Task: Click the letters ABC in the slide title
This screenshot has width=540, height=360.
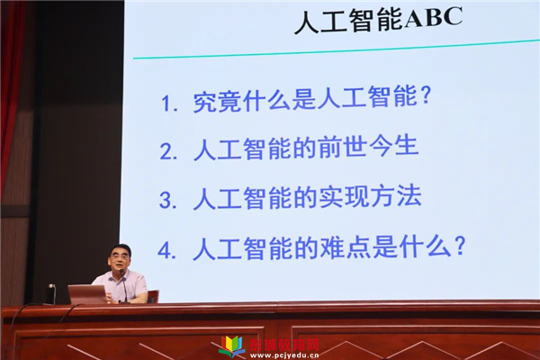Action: (433, 17)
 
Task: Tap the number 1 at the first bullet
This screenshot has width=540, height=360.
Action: (166, 103)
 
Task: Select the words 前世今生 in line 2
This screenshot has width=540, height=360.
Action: (368, 147)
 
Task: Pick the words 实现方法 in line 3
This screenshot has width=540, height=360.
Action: (370, 197)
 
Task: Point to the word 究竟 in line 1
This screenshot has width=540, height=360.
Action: (216, 102)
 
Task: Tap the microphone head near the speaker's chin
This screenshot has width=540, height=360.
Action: (121, 273)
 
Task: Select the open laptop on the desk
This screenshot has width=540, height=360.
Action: (87, 294)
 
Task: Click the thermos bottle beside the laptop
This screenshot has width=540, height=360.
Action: (51, 294)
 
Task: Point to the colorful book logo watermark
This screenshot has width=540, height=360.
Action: (233, 346)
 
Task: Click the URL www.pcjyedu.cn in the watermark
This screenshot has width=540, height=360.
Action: (284, 355)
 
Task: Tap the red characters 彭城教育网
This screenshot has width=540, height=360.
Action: (284, 344)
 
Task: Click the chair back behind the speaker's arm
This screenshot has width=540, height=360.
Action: (153, 296)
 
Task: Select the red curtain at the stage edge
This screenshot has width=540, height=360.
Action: (10, 86)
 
